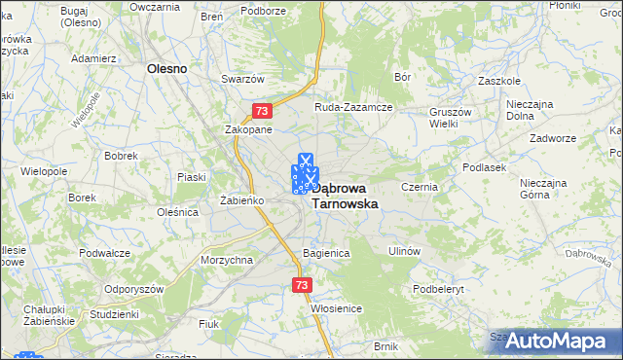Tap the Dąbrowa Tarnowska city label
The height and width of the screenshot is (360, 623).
tap(345, 196)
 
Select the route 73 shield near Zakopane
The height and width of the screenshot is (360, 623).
tap(260, 112)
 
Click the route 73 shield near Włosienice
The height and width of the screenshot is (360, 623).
tap(301, 285)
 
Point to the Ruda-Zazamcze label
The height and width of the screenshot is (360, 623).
tap(352, 107)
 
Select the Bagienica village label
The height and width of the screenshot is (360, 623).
tap(326, 252)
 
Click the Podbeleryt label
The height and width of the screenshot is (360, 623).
tap(440, 289)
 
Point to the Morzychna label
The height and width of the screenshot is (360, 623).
tap(227, 261)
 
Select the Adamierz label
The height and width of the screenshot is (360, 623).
tap(94, 58)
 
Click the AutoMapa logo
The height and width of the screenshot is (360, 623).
tap(561, 342)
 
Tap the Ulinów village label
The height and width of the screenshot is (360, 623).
tap(403, 251)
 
